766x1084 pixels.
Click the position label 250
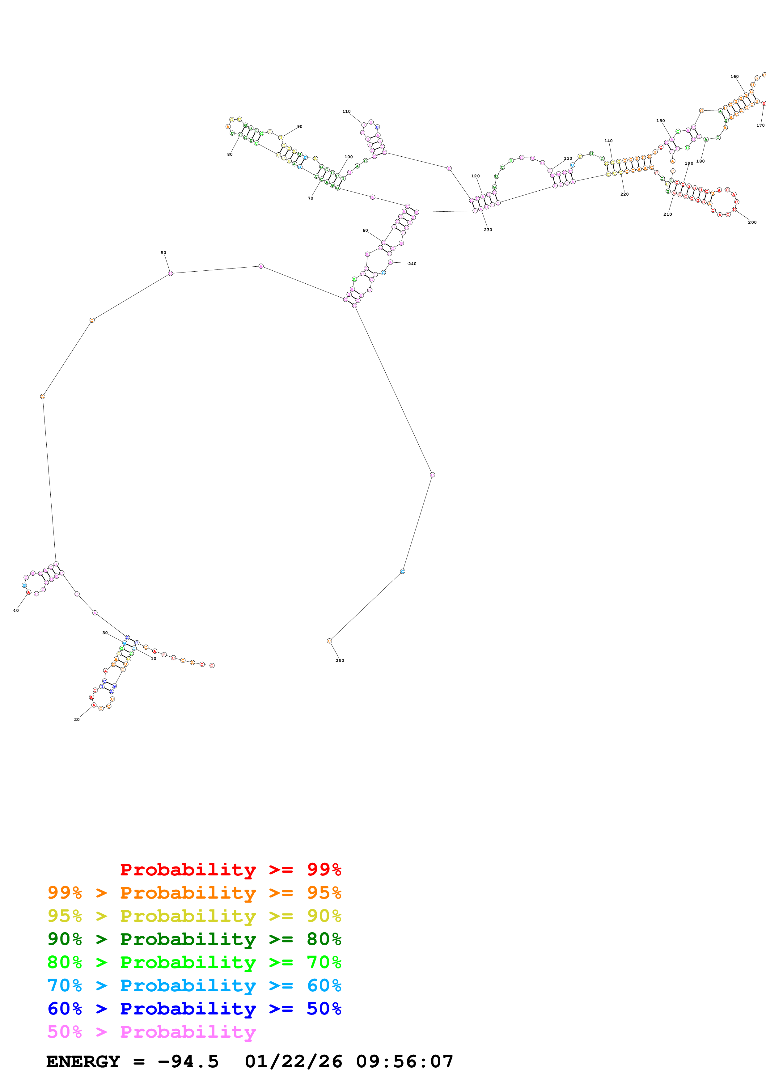pyautogui.click(x=340, y=660)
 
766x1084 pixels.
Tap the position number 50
pyautogui.click(x=163, y=252)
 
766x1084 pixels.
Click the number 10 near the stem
pyautogui.click(x=153, y=658)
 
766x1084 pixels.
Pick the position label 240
pyautogui.click(x=412, y=264)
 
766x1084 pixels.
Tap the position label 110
pyautogui.click(x=346, y=112)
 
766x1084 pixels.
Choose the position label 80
pyautogui.click(x=230, y=155)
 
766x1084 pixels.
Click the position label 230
pyautogui.click(x=488, y=230)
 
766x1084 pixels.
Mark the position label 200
pyautogui.click(x=752, y=222)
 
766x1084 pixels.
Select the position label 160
pyautogui.click(x=734, y=77)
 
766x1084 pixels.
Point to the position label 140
pyautogui.click(x=608, y=141)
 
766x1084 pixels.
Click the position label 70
pyautogui.click(x=311, y=198)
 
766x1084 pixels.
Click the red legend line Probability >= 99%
pyautogui.click(x=230, y=870)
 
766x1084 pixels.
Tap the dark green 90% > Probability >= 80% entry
pyautogui.click(x=194, y=939)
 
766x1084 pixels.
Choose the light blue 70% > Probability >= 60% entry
pyautogui.click(x=194, y=985)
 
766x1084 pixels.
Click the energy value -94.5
pyautogui.click(x=188, y=1062)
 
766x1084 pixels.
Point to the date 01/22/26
pyautogui.click(x=294, y=1062)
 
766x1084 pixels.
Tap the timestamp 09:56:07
pyautogui.click(x=404, y=1062)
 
